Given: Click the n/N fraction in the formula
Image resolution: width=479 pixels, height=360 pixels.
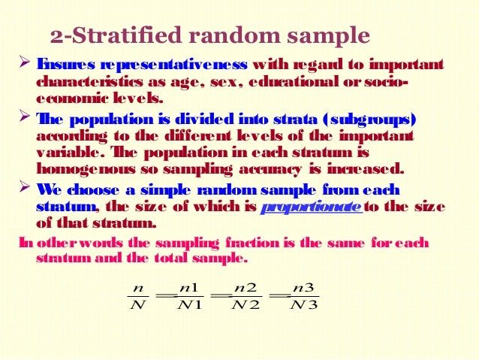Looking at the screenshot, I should tap(137, 296).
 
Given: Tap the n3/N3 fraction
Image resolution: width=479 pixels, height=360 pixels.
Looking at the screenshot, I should tap(304, 296).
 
